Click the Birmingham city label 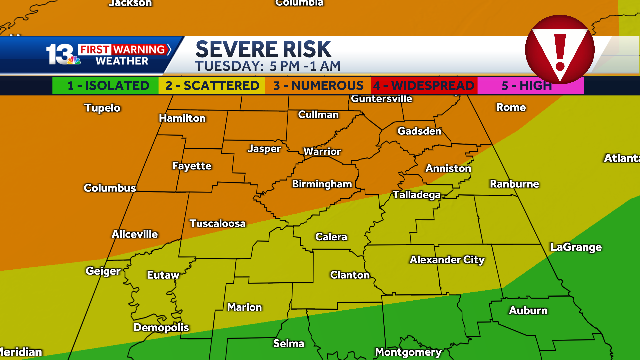tap(322, 184)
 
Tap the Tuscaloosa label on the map tap(217, 223)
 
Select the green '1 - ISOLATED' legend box tap(105, 86)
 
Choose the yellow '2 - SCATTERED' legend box tap(212, 86)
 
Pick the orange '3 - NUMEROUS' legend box tap(318, 86)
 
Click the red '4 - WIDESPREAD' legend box tap(424, 86)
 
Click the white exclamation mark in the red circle tap(560, 52)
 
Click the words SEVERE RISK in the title tap(263, 49)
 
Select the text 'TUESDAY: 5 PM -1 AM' tap(268, 66)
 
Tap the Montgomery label tap(408, 352)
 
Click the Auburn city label tap(528, 311)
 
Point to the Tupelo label tap(102, 108)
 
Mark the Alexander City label tap(447, 260)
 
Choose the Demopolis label tap(161, 327)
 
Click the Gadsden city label tap(419, 131)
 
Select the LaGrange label tap(576, 247)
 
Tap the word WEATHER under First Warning tap(122, 61)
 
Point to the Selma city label tap(289, 343)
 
